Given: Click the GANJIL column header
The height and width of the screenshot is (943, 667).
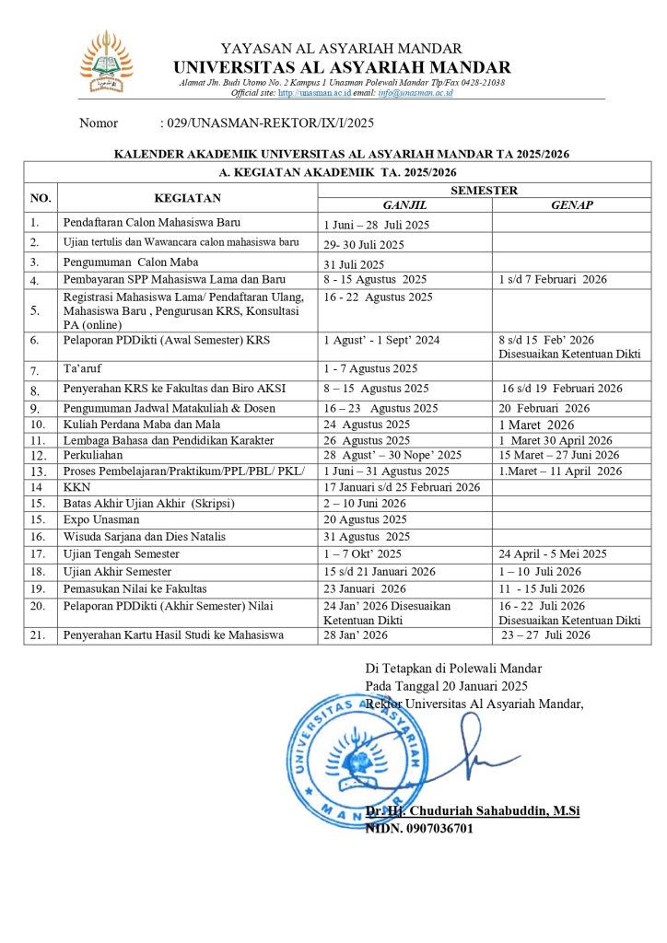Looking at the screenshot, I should (x=404, y=205).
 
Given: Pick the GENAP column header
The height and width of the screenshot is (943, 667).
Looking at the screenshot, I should (x=571, y=205).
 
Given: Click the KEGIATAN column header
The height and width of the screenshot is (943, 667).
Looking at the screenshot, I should (x=187, y=198).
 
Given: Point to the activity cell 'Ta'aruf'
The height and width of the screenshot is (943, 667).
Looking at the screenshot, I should (x=82, y=369).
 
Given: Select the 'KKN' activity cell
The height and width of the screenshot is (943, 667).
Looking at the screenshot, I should (x=75, y=487).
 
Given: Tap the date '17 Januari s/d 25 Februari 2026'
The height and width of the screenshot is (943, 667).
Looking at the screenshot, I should (x=402, y=487).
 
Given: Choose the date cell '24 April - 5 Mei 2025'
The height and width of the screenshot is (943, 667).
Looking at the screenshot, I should (x=553, y=553).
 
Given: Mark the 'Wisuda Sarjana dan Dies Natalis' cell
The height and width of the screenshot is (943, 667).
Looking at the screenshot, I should (x=145, y=537).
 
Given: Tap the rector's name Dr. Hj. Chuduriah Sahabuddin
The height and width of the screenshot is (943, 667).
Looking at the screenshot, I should (x=472, y=811).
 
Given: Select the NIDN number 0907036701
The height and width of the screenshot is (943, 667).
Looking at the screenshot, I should (x=419, y=828).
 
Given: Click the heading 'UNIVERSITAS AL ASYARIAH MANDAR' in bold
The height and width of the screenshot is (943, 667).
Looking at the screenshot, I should (x=341, y=67).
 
